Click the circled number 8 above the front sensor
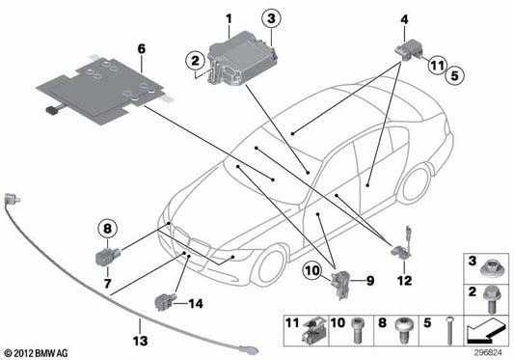pos(108,229)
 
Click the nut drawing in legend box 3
pos(489,263)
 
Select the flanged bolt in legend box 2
pos(488,297)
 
